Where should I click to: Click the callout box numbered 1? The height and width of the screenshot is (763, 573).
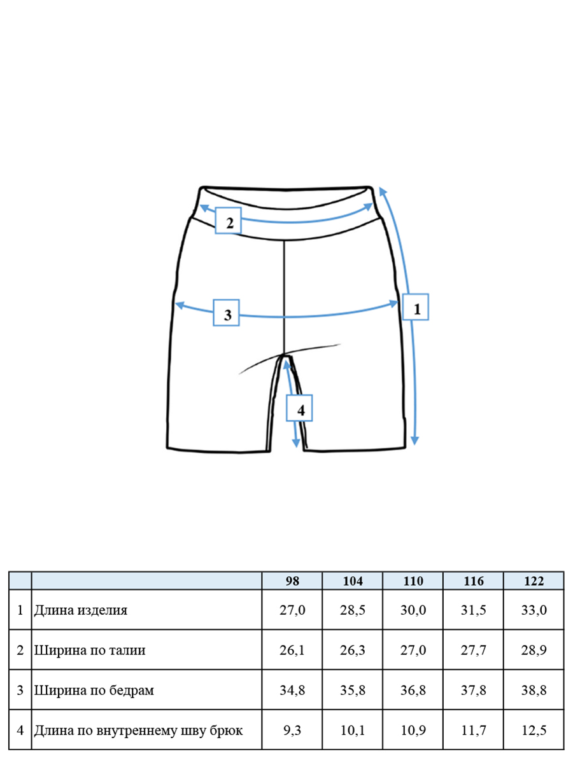[x=415, y=307]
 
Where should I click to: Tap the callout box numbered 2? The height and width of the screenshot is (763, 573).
[x=228, y=221]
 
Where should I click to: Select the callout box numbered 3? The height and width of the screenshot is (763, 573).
[x=226, y=313]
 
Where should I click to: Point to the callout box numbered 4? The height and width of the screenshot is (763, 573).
[x=299, y=408]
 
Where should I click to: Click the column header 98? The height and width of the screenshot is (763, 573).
[x=292, y=581]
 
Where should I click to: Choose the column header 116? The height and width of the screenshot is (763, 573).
[x=473, y=581]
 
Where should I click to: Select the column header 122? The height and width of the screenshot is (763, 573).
[x=534, y=581]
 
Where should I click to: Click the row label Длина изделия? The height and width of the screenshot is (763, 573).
[x=81, y=610]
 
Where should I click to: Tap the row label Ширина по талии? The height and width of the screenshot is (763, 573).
[x=90, y=650]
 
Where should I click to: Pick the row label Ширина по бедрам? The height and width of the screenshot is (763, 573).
[x=94, y=691]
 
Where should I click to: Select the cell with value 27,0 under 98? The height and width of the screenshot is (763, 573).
[x=292, y=610]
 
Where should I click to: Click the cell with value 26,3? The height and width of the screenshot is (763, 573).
[x=353, y=650]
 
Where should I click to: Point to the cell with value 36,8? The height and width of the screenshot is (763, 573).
[x=413, y=690]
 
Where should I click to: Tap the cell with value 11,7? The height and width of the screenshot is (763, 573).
[x=473, y=730]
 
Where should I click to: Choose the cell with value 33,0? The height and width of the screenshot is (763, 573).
[x=534, y=610]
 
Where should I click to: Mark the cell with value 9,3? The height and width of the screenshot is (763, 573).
[x=292, y=730]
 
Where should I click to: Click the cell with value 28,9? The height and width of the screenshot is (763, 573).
[x=534, y=650]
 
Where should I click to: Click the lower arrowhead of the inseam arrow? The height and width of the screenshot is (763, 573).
[x=295, y=443]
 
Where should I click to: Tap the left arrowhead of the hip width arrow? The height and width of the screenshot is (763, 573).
[x=180, y=305]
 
